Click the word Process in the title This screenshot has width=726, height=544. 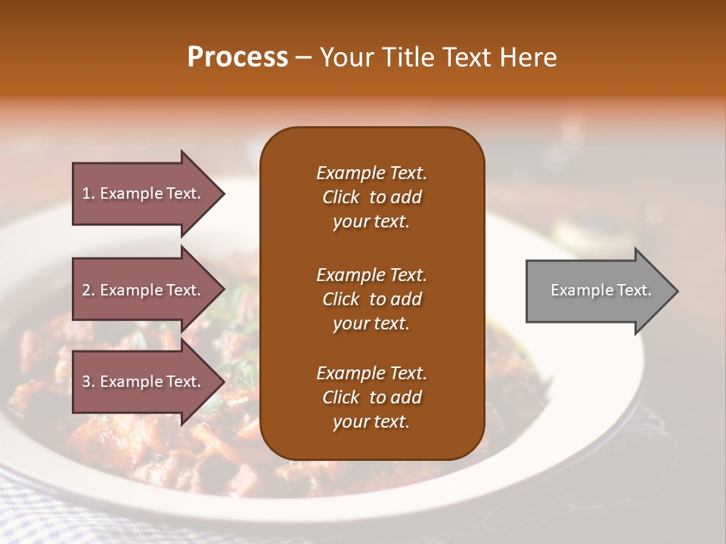(237, 57)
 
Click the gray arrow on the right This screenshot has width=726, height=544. (597, 291)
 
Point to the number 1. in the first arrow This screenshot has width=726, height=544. (88, 193)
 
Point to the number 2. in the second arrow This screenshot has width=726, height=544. (88, 290)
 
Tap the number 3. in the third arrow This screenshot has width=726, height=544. (88, 382)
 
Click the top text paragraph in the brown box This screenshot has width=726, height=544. (371, 197)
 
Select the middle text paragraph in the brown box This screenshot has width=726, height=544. (371, 299)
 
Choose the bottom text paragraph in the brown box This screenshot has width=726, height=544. (371, 397)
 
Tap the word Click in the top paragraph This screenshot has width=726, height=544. (340, 197)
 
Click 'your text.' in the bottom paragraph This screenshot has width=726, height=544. (371, 422)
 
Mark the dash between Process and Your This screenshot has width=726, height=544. (304, 57)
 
